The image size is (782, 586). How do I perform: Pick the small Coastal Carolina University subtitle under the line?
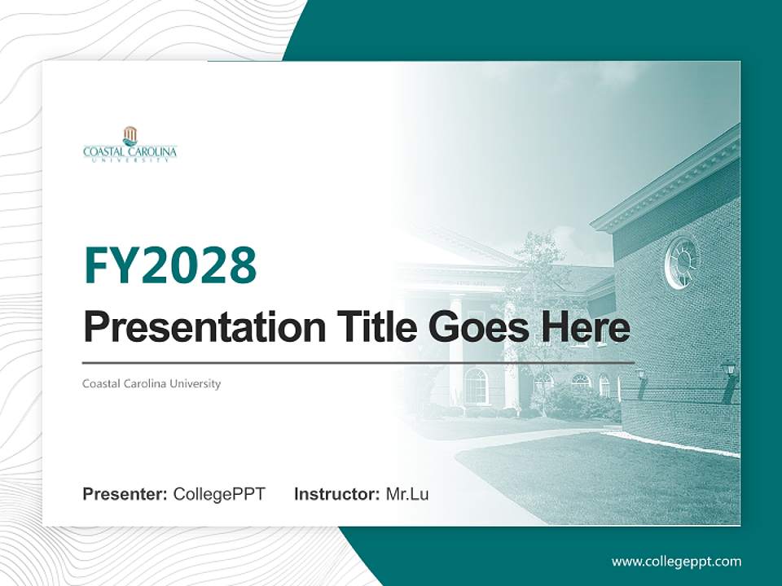click(x=152, y=383)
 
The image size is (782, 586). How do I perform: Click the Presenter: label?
click(x=125, y=494)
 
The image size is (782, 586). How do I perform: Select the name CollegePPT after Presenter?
click(x=219, y=494)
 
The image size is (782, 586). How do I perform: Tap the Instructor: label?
click(x=336, y=494)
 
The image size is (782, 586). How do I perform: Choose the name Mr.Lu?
click(x=407, y=494)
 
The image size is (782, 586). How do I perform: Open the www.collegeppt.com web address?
click(x=676, y=561)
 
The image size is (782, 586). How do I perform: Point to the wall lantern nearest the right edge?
click(x=728, y=370)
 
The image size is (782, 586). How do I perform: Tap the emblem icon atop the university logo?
click(x=130, y=135)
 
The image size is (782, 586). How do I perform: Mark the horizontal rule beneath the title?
click(x=358, y=362)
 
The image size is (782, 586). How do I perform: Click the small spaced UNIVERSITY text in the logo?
click(x=130, y=160)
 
